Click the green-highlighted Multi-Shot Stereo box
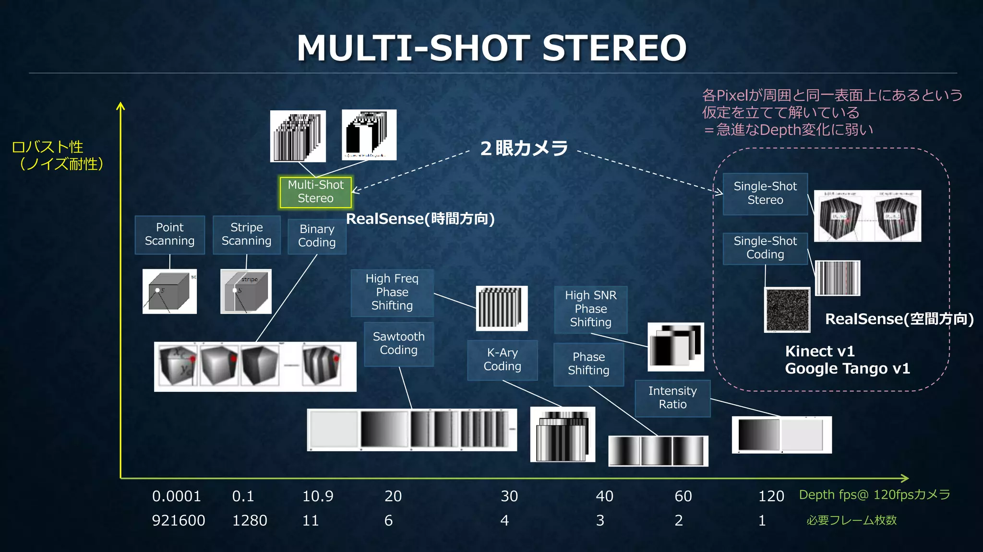315,192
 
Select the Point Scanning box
170,235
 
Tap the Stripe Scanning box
246,235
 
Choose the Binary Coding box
317,236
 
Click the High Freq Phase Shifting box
392,292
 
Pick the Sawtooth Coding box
399,343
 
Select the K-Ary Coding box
502,360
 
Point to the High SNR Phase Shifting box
590,309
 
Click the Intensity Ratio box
672,398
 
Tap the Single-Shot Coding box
765,248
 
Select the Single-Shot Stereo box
765,193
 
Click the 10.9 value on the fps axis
318,496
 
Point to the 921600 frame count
179,520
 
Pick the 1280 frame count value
250,520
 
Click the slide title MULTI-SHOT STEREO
491,48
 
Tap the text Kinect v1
820,352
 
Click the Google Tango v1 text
847,369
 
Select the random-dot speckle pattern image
787,310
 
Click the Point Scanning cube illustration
169,291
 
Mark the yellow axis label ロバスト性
48,147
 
